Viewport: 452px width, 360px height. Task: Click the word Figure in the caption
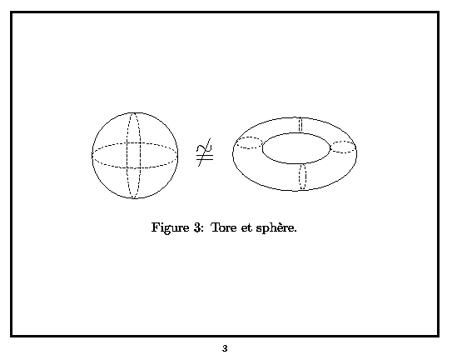click(x=170, y=228)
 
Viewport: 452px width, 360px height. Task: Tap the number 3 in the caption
click(x=197, y=227)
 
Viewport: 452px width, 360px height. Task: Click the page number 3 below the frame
click(x=225, y=348)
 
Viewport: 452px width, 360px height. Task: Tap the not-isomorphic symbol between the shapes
click(x=205, y=152)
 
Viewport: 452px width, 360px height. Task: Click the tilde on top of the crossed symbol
click(x=204, y=148)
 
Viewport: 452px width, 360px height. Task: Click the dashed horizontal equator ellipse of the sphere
click(x=135, y=167)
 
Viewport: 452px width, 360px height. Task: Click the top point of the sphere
click(x=135, y=112)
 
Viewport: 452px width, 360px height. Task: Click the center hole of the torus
click(x=296, y=148)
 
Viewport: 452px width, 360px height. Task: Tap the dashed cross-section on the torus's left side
click(x=249, y=148)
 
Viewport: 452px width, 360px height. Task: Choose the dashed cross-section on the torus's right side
click(x=343, y=152)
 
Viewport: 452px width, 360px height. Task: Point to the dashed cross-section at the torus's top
click(x=301, y=125)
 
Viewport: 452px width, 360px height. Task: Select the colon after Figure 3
click(x=202, y=228)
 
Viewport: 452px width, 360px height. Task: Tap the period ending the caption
click(x=295, y=231)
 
